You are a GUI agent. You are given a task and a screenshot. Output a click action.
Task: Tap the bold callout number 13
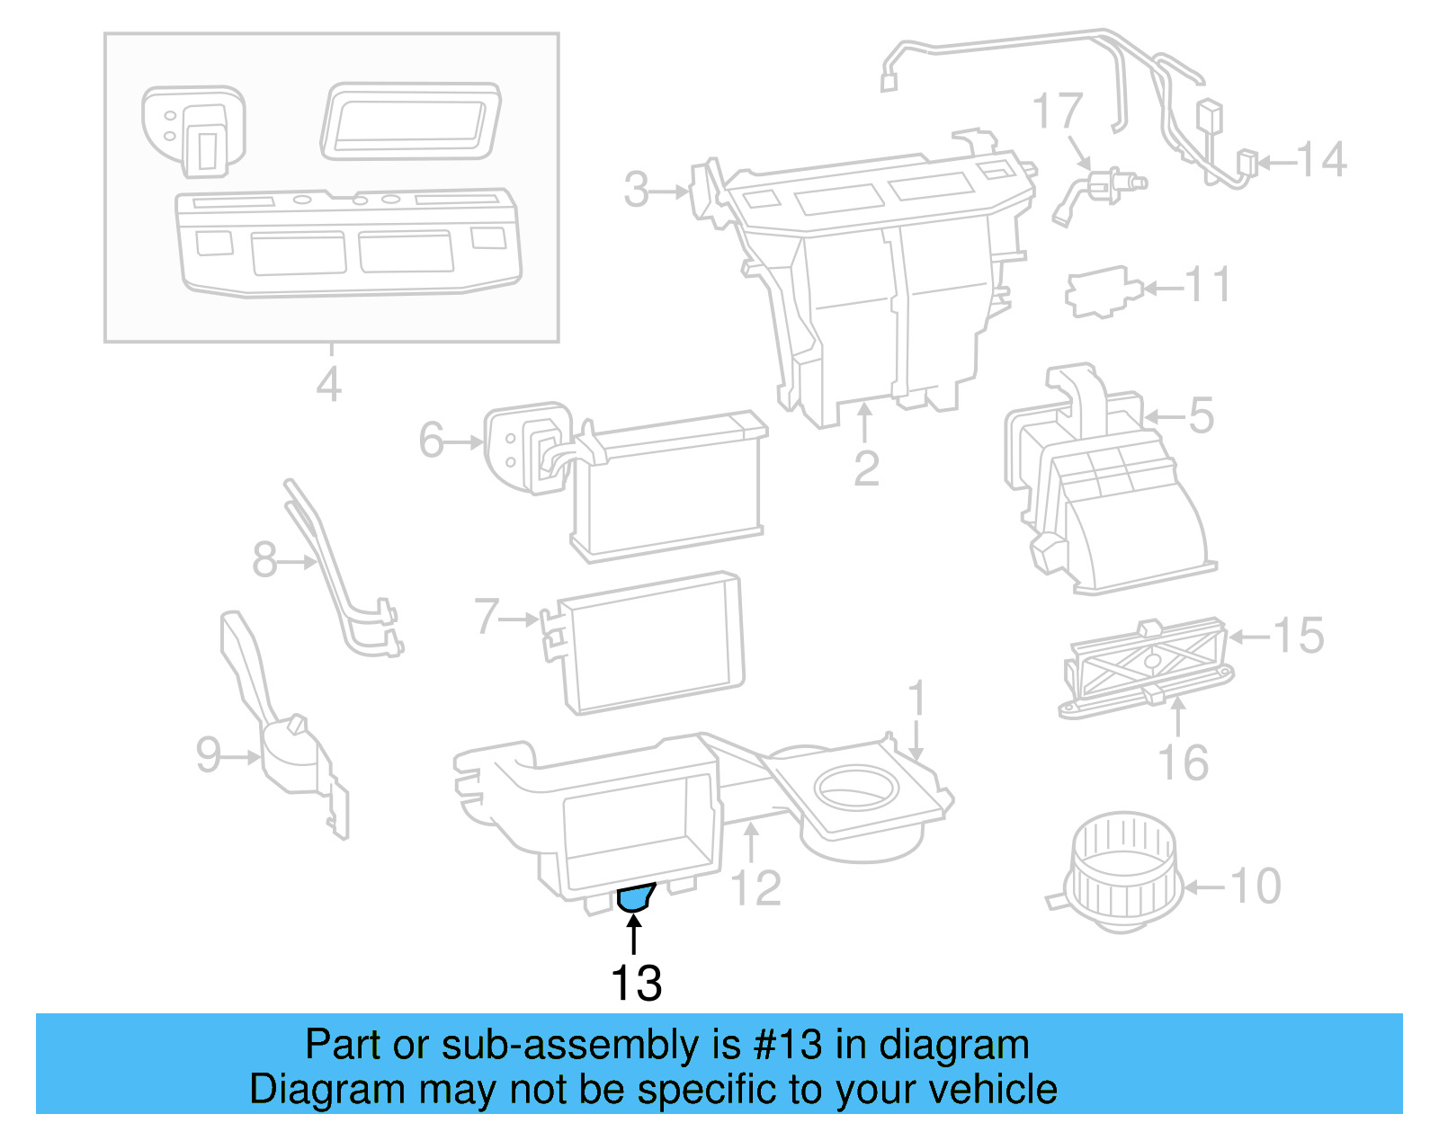[636, 983]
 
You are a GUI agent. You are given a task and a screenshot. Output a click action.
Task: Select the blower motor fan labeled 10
[1122, 871]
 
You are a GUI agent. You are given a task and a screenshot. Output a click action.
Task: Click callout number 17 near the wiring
[1057, 111]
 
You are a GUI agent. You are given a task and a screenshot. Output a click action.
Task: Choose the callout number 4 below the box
[329, 384]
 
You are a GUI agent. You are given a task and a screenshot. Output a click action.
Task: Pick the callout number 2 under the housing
[865, 468]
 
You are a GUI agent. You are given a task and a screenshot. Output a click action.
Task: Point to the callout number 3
[637, 190]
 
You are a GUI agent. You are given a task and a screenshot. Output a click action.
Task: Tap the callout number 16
[1183, 762]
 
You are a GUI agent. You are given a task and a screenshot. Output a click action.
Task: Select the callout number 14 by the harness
[1321, 161]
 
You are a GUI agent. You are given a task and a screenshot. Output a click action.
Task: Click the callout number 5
[1202, 415]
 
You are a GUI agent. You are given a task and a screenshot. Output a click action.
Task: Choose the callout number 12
[756, 887]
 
